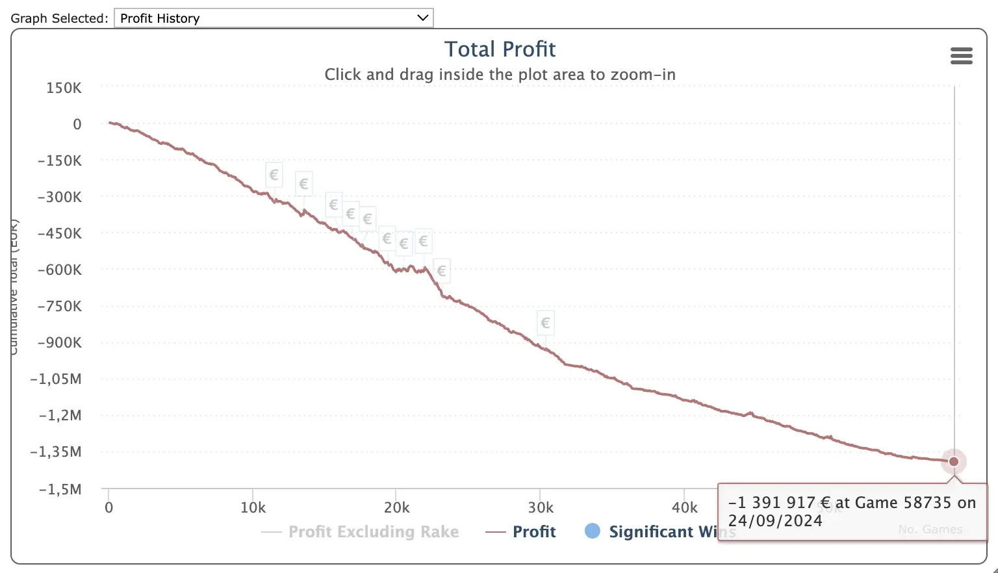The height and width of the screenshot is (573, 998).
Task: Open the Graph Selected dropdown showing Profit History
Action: click(x=273, y=18)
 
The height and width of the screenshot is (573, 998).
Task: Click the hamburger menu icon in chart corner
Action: click(x=961, y=56)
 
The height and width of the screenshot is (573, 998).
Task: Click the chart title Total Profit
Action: click(x=500, y=49)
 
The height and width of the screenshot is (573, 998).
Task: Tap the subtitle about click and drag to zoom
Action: click(x=500, y=75)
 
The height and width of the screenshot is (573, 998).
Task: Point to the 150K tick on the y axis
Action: click(x=64, y=88)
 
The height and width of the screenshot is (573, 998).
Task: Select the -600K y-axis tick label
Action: click(x=60, y=270)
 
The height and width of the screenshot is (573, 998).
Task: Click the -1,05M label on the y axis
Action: click(x=57, y=379)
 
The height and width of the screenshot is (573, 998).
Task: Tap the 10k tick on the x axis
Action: click(x=253, y=507)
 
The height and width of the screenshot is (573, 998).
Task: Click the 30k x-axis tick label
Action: click(x=540, y=507)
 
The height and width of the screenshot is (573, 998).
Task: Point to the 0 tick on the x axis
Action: click(x=109, y=507)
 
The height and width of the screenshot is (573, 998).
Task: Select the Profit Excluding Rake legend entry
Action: click(x=373, y=532)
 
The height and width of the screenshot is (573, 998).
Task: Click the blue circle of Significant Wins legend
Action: click(x=592, y=531)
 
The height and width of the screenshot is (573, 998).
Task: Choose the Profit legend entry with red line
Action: click(x=533, y=532)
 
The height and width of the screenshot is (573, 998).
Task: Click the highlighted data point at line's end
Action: click(x=953, y=462)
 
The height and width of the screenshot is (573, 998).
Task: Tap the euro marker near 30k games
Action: click(x=545, y=323)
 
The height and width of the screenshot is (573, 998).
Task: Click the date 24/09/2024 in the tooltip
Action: click(x=775, y=521)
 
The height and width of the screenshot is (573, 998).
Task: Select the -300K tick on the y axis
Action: click(x=60, y=197)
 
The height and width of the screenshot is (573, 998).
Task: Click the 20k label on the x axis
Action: click(x=396, y=507)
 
